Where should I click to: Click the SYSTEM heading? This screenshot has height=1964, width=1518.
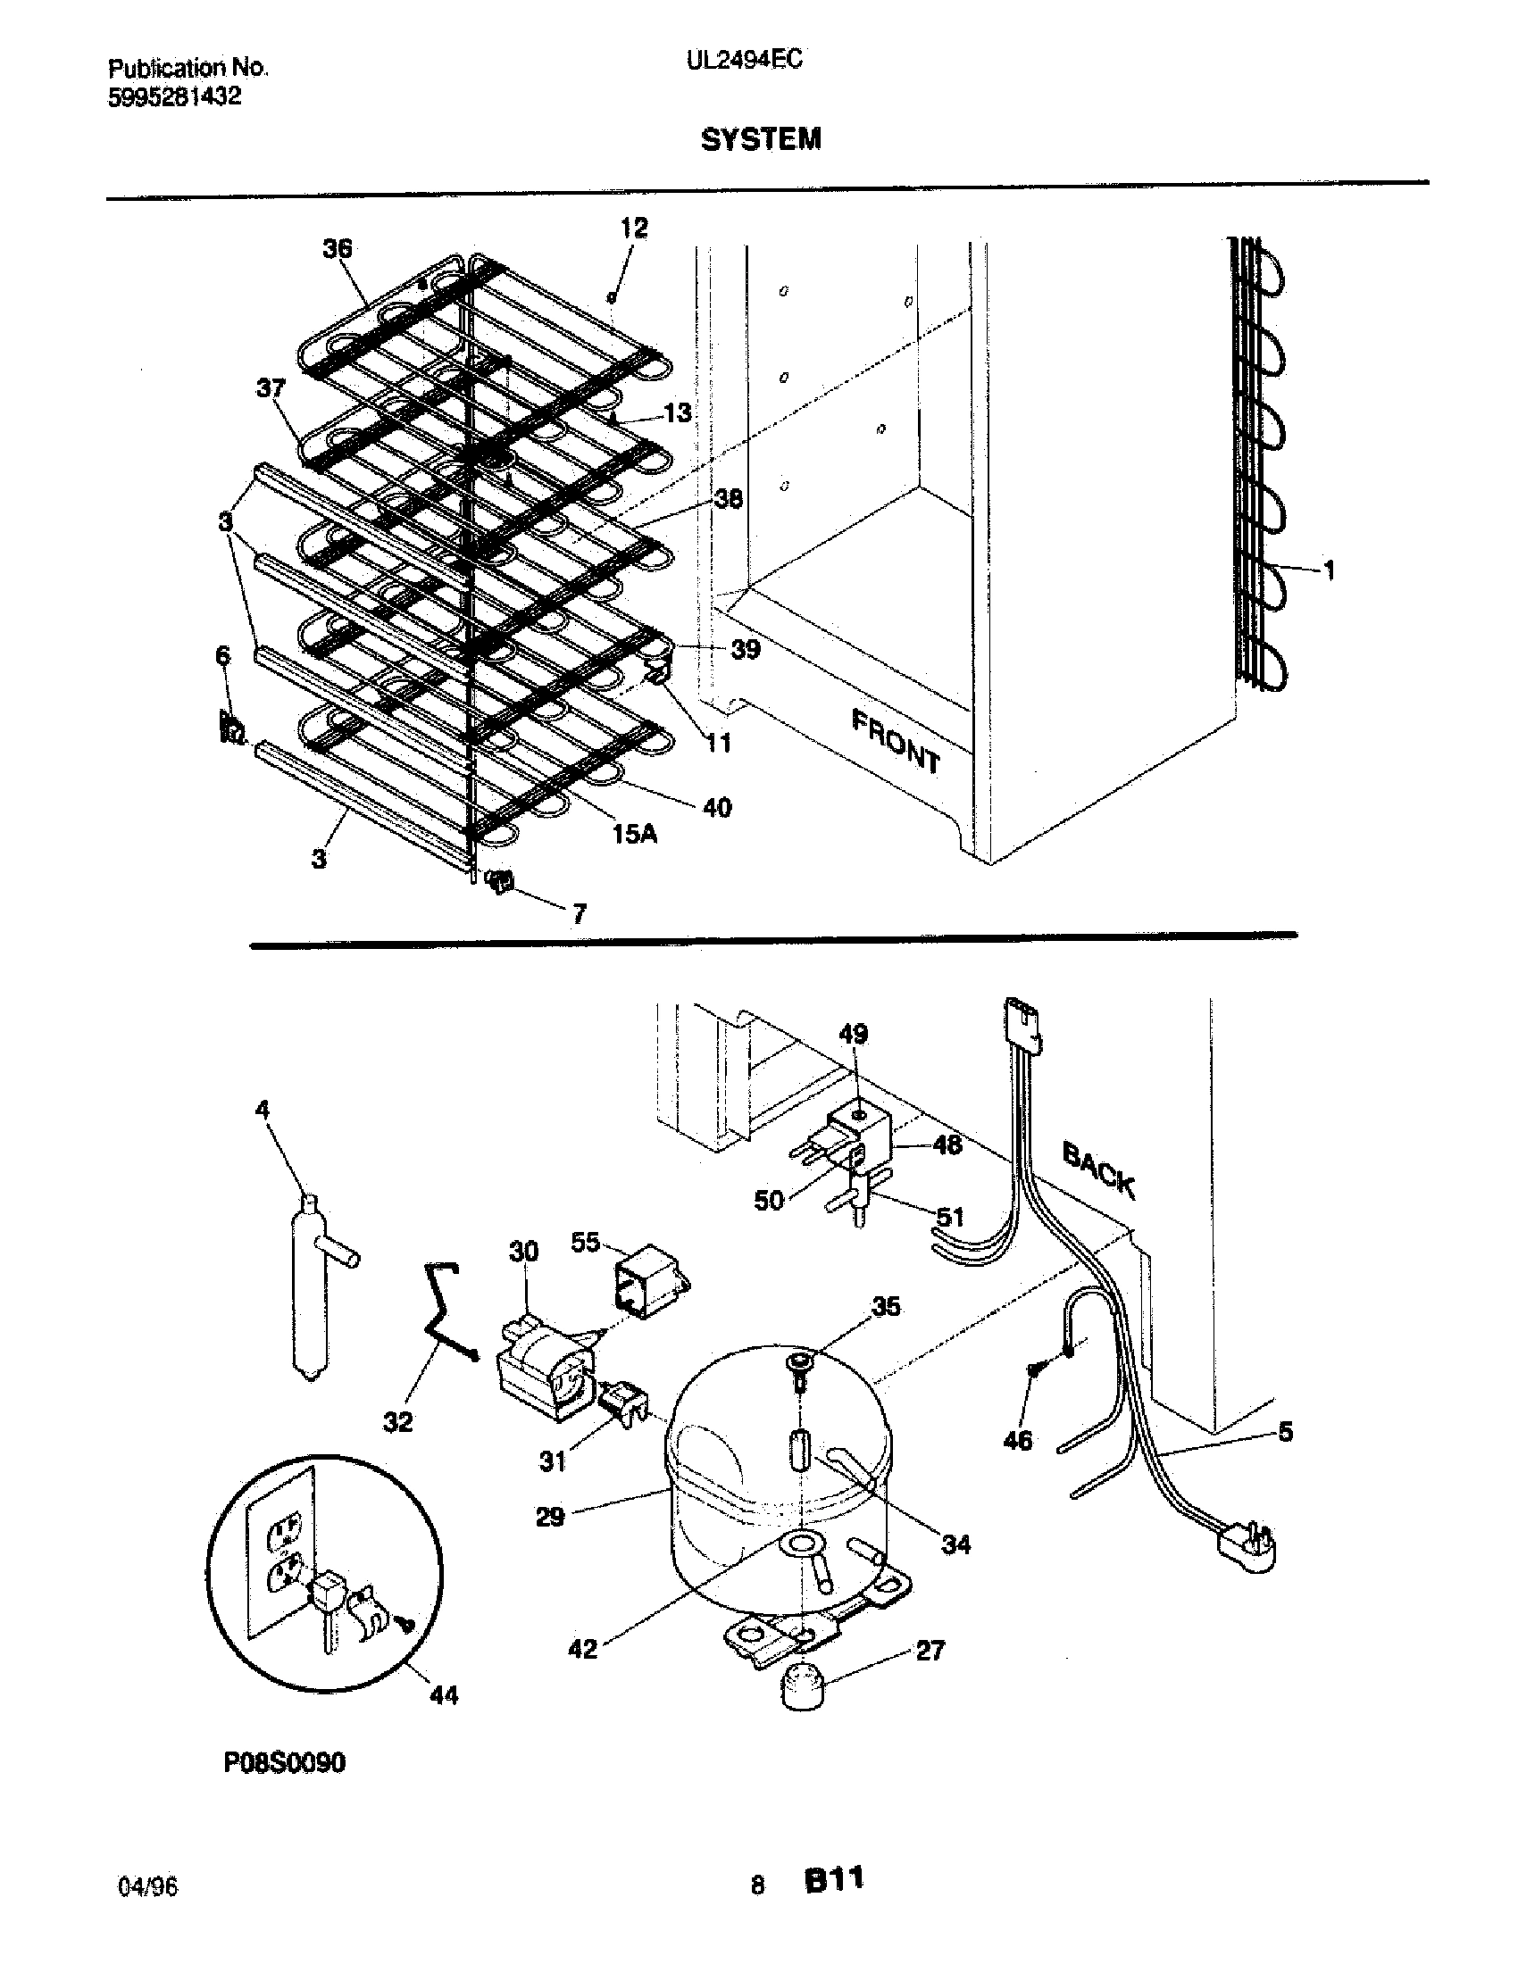[760, 139]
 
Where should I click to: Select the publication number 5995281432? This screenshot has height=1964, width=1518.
[174, 96]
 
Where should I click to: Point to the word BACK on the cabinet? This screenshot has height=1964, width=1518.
[1098, 1170]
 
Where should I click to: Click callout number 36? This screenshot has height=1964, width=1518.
[338, 248]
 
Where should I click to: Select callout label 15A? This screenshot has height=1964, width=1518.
[634, 834]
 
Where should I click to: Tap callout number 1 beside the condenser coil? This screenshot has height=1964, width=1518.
[1329, 570]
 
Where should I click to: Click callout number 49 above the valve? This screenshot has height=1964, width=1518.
[853, 1034]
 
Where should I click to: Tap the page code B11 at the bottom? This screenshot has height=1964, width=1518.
[834, 1903]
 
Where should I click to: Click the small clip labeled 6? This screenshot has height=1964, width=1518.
[231, 727]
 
